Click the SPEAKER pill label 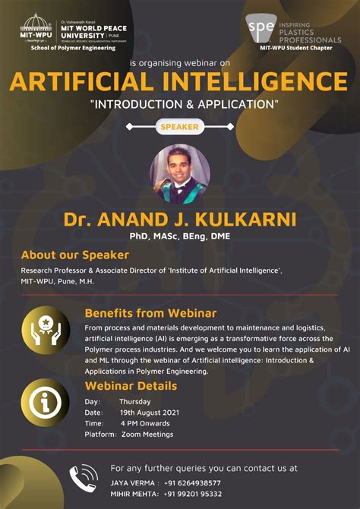[179, 128]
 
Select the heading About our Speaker [74, 255]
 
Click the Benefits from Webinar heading [150, 313]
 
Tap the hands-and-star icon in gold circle [46, 329]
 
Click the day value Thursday [134, 401]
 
